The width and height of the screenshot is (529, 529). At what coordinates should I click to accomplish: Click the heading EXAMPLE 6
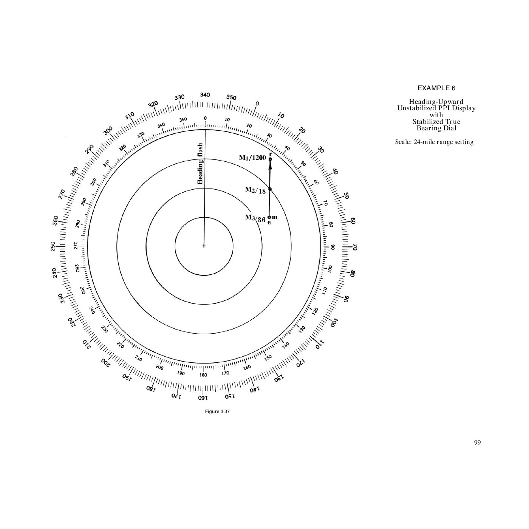click(436, 88)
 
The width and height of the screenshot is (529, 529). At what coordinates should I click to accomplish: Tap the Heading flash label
click(200, 164)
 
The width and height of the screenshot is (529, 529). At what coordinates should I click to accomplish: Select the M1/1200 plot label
click(252, 158)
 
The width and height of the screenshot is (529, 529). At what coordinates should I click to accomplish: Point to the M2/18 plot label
click(255, 190)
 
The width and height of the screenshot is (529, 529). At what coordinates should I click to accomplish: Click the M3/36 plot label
click(255, 218)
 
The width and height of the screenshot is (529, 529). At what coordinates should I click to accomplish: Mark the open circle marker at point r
click(270, 159)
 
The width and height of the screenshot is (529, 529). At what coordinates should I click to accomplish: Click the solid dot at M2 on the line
click(270, 189)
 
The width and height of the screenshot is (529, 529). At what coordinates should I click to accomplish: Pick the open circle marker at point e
click(269, 217)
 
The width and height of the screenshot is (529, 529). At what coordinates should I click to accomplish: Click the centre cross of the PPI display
click(204, 246)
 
